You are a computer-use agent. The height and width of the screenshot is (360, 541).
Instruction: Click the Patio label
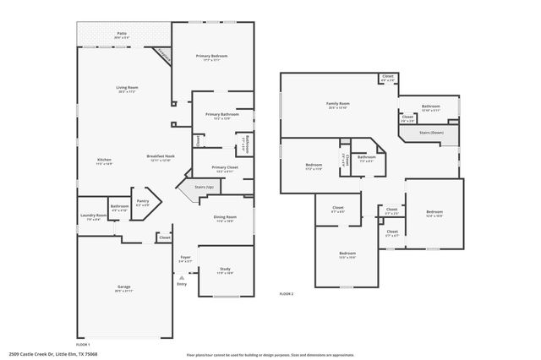pos(122,35)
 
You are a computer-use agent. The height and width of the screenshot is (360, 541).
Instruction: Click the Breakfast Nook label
pos(161,157)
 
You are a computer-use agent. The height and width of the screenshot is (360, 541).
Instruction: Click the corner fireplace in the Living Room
pos(163,57)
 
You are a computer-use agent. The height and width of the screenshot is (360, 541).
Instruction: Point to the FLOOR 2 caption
pos(287,293)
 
